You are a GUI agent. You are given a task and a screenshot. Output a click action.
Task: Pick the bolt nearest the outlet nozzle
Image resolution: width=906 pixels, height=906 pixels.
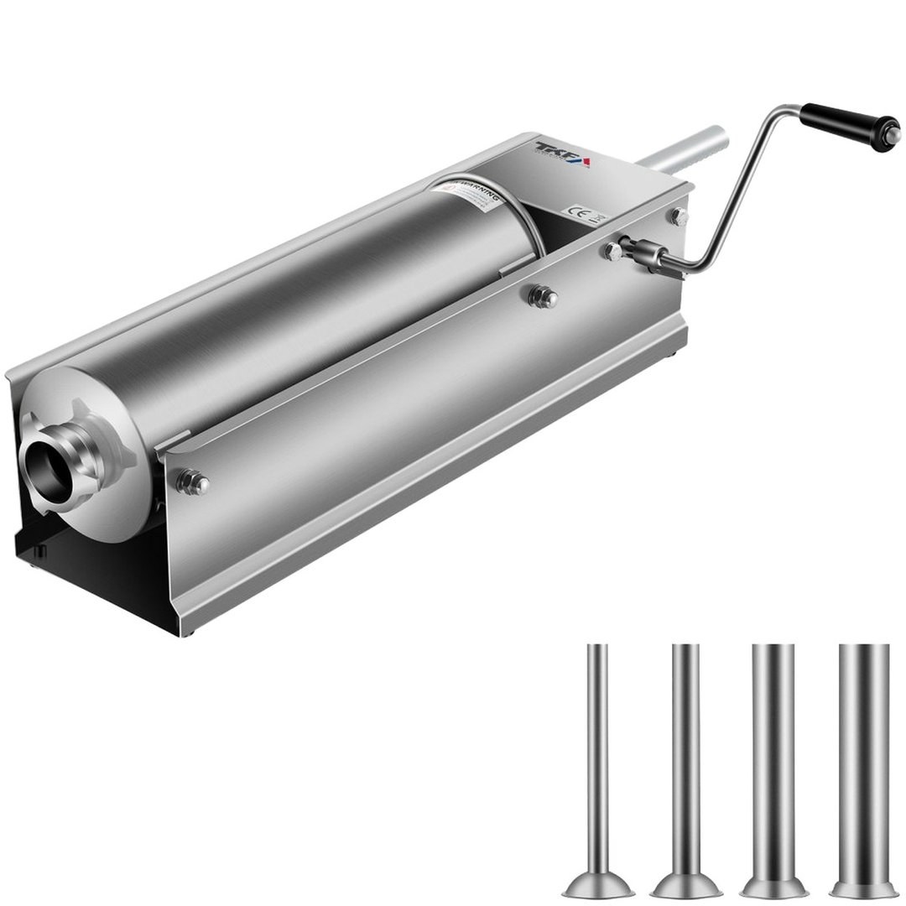[x=194, y=482]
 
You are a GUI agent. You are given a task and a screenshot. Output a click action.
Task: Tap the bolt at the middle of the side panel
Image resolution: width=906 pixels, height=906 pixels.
[x=544, y=295]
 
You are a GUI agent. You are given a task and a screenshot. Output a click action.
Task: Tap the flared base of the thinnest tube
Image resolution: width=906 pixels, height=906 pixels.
[x=597, y=882]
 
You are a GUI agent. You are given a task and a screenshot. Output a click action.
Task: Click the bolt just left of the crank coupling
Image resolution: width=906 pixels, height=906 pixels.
[x=612, y=250]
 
